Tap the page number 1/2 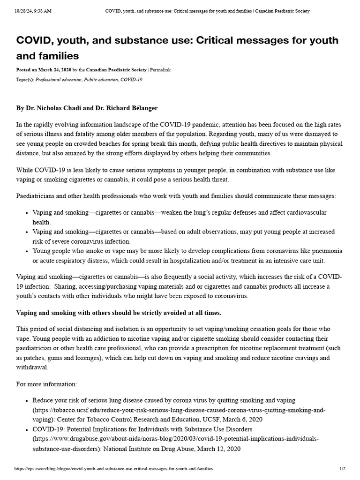click(342, 468)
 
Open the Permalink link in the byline click(160, 70)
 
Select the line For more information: click(46, 384)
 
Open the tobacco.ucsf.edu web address click(178, 410)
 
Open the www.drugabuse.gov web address click(176, 439)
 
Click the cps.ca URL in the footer click(114, 468)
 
